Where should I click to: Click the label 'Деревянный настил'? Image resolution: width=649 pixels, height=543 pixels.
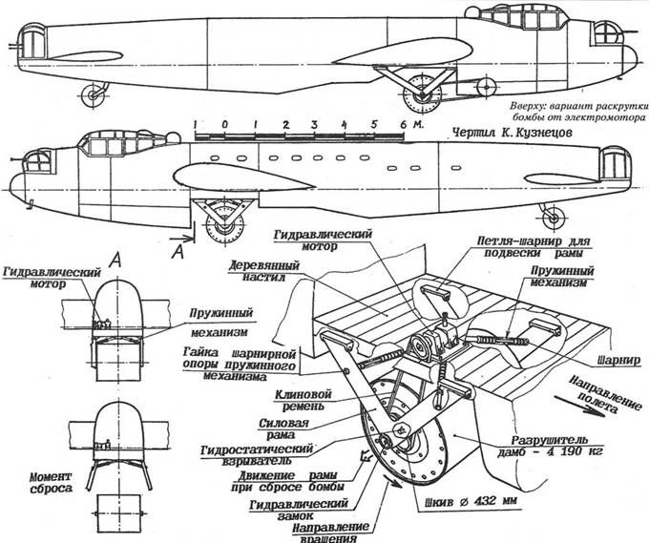tap(257, 271)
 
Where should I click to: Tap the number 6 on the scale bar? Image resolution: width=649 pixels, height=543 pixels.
tap(406, 125)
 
